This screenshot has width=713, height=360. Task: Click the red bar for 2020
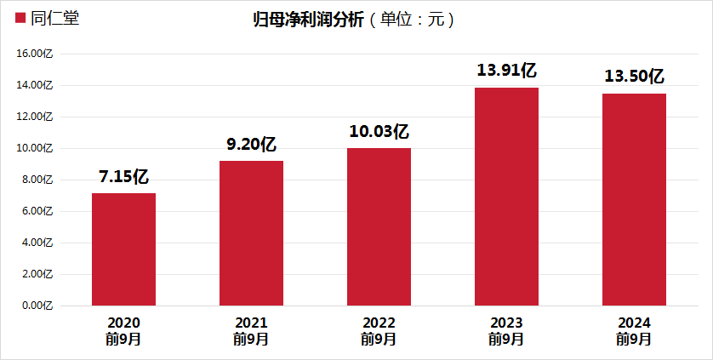[x=123, y=249]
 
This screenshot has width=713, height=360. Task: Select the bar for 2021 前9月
[x=251, y=233]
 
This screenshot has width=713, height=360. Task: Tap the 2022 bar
[x=379, y=226]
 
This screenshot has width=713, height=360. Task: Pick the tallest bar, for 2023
[x=507, y=197]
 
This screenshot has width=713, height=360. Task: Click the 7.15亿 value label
[x=123, y=177]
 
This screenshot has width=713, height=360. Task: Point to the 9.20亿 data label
[x=251, y=145]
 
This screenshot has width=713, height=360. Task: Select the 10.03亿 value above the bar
[x=379, y=132]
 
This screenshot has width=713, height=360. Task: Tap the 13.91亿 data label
[x=507, y=71]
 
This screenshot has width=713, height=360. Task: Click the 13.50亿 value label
[x=635, y=77]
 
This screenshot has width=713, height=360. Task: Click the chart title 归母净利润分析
[x=307, y=20]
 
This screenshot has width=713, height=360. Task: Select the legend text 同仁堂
[x=54, y=18]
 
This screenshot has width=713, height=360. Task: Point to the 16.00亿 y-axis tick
[x=36, y=54]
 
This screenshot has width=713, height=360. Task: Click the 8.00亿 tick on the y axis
[x=38, y=180]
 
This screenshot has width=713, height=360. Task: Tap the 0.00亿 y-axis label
[x=38, y=306]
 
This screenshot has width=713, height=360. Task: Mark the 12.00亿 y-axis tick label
[x=36, y=117]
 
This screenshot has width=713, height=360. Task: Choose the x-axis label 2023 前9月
[x=507, y=331]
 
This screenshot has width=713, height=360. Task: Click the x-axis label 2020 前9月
[x=123, y=331]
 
